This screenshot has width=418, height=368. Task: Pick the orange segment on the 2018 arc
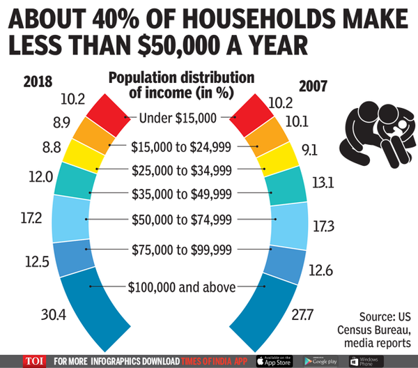pos(98,137)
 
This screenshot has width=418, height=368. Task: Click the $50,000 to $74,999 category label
pos(183,219)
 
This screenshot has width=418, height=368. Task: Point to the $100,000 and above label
pos(183,286)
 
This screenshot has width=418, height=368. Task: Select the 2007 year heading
pos(317,86)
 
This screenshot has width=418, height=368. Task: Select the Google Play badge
pos(322,361)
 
